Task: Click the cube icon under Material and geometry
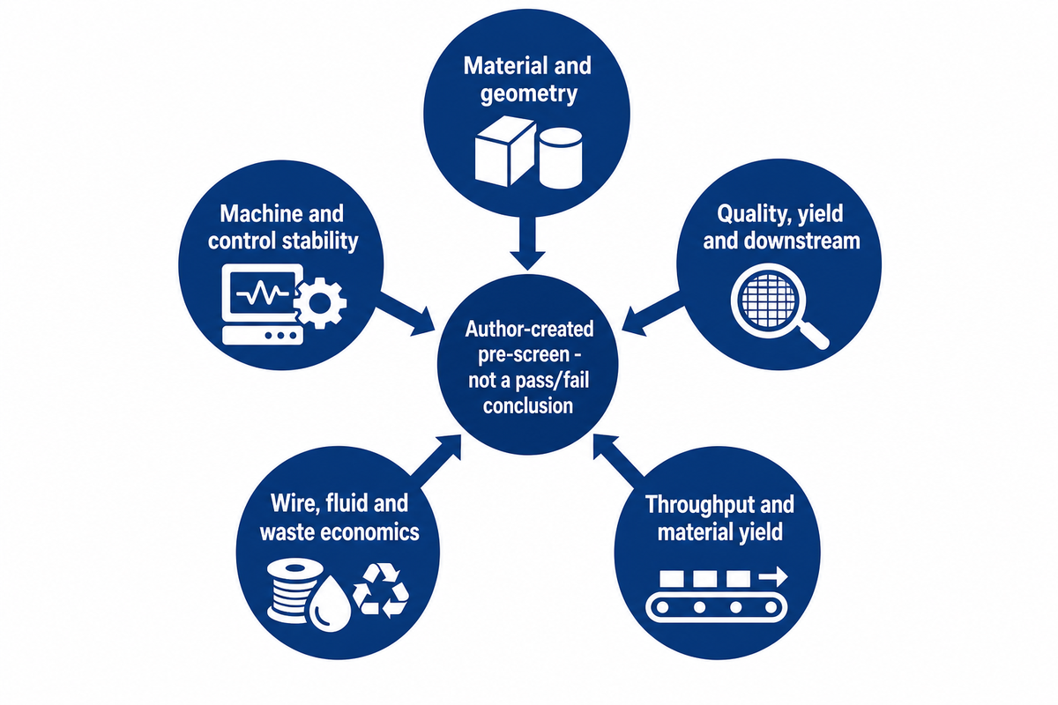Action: [x=505, y=151]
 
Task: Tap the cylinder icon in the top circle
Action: [x=561, y=159]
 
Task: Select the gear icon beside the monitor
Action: [x=321, y=303]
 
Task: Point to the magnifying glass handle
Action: [x=813, y=335]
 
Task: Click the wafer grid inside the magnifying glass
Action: [x=768, y=300]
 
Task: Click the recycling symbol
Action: [x=381, y=590]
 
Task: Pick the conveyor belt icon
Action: [x=716, y=608]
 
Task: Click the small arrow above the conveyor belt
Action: [x=773, y=577]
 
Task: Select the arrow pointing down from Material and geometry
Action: [x=527, y=243]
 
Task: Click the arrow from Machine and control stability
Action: [x=406, y=313]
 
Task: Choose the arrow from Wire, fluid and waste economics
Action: [x=436, y=460]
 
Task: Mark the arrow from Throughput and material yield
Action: [x=619, y=460]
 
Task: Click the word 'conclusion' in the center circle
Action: [x=527, y=405]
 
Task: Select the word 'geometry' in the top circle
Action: [x=528, y=94]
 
